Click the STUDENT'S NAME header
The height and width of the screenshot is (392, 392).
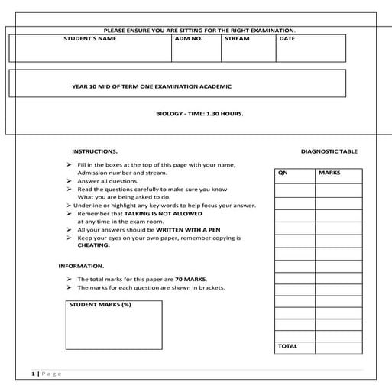(90, 39)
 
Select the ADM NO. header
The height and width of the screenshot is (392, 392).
(189, 39)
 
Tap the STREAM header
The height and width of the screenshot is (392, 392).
(237, 39)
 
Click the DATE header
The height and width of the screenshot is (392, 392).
(287, 39)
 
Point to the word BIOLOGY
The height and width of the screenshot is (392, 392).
(170, 113)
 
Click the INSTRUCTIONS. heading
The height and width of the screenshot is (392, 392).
(95, 151)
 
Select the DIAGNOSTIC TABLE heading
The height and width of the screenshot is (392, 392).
(329, 151)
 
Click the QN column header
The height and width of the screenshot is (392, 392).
(283, 173)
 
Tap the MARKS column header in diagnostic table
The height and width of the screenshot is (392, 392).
(329, 173)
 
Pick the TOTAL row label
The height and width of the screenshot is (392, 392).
(288, 346)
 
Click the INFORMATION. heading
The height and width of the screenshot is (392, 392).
(82, 266)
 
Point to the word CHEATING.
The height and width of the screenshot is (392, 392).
(94, 245)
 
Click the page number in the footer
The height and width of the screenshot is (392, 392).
(34, 374)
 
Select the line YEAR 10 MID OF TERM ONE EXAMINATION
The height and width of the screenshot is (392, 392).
(151, 87)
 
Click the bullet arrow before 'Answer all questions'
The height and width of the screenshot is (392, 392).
(70, 181)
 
